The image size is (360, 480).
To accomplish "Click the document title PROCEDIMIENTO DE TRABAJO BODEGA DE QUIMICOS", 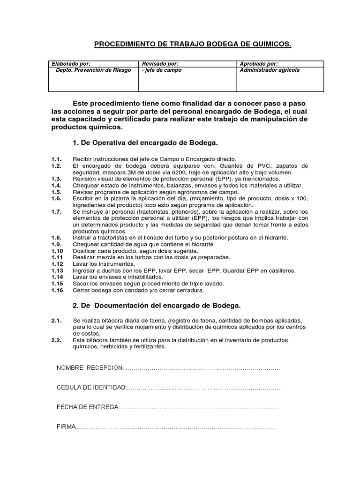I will click(193, 45).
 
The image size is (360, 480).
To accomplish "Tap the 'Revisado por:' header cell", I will click(160, 64).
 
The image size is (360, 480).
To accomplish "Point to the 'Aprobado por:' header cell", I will click(259, 64).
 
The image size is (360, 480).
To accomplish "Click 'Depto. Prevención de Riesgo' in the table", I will click(93, 70).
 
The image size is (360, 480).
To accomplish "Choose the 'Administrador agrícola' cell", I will click(270, 70).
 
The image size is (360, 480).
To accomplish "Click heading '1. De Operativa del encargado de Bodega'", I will click(145, 142).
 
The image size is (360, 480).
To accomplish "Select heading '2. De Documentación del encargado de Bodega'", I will click(157, 306).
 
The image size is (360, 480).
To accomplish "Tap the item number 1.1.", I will click(56, 159).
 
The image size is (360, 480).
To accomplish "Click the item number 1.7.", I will click(56, 212).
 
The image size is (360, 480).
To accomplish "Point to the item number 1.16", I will click(57, 291).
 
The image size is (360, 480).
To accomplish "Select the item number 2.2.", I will click(56, 340).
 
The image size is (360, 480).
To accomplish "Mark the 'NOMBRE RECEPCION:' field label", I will click(90, 368).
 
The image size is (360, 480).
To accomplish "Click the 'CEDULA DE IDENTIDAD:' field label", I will click(91, 388).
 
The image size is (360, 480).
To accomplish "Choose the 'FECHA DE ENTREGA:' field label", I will click(88, 407).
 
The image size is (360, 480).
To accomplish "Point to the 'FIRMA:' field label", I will click(66, 427).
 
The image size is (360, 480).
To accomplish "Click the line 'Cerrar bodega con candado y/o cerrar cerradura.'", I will click(138, 291).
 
